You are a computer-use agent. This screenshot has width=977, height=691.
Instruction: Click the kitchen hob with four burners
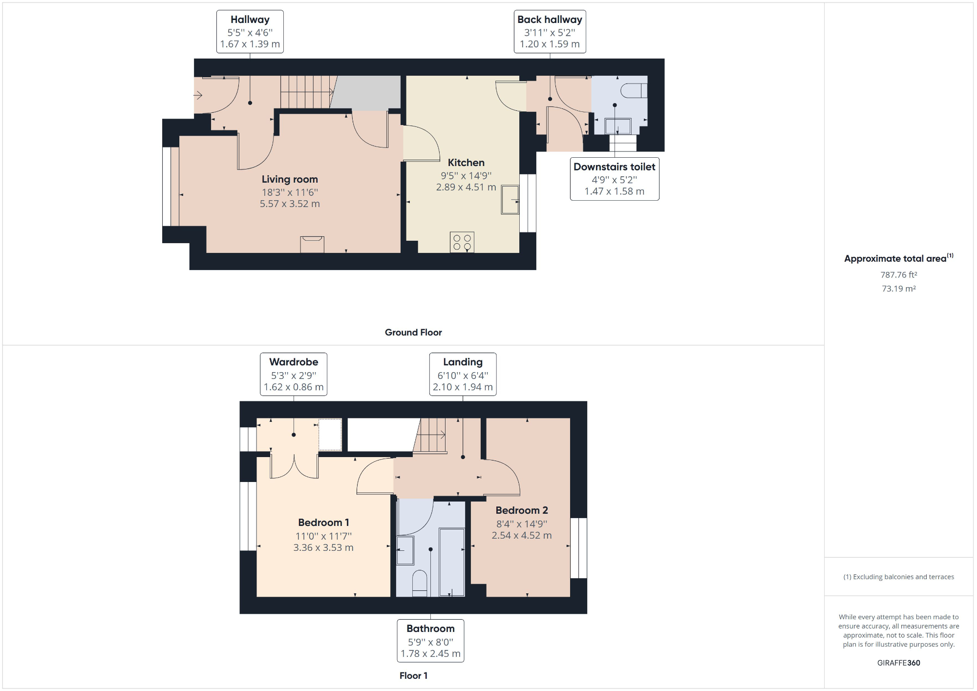click(462, 242)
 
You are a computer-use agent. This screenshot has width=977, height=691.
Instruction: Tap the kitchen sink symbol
click(510, 199)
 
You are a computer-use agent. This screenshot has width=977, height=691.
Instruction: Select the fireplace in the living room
click(312, 244)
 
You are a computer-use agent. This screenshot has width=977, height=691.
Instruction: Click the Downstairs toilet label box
click(614, 179)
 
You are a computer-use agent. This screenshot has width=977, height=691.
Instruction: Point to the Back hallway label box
click(550, 32)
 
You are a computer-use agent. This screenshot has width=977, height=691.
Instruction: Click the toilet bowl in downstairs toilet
click(634, 91)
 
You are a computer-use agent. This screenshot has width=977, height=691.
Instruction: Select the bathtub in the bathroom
click(451, 562)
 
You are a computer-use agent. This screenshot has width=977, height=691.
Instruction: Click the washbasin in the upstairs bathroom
click(405, 550)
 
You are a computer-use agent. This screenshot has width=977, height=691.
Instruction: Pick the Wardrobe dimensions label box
click(294, 375)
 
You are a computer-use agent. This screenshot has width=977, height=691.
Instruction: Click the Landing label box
click(463, 375)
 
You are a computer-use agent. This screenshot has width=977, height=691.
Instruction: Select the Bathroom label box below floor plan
click(430, 641)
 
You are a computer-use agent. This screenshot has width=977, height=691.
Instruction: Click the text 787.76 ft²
click(898, 275)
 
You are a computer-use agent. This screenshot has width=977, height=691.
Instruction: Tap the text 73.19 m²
click(898, 289)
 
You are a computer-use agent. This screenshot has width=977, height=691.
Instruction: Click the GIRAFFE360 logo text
click(898, 663)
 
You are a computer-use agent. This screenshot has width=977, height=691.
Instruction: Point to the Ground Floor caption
click(413, 333)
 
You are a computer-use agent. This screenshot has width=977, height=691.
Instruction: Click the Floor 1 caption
click(413, 676)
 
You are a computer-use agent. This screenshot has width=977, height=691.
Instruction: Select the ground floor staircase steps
click(305, 92)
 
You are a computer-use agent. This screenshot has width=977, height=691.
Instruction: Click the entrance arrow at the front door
click(198, 95)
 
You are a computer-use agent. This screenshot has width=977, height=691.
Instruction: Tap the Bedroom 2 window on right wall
click(579, 548)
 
